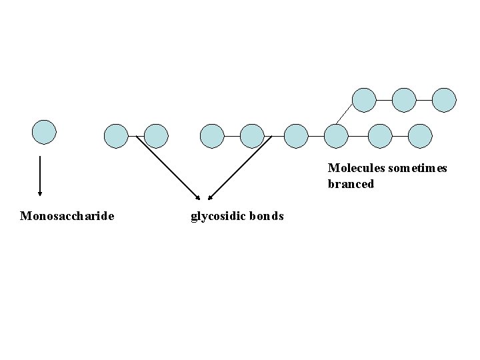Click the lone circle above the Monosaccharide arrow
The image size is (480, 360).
(x=45, y=131)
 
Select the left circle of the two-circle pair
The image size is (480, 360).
(x=116, y=135)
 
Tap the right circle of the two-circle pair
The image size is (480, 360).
(x=156, y=135)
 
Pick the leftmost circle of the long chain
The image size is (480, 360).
(x=212, y=135)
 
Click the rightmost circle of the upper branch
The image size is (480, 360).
(x=444, y=100)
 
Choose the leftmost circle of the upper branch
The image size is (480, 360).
(x=363, y=100)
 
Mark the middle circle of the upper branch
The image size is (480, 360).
(x=403, y=100)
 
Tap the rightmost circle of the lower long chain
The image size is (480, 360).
(x=419, y=135)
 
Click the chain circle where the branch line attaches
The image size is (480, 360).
(x=336, y=135)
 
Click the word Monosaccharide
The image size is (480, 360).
(x=67, y=216)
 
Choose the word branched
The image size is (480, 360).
(x=351, y=184)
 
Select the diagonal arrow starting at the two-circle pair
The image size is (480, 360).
(x=168, y=167)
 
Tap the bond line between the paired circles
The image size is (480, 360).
(x=136, y=135)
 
